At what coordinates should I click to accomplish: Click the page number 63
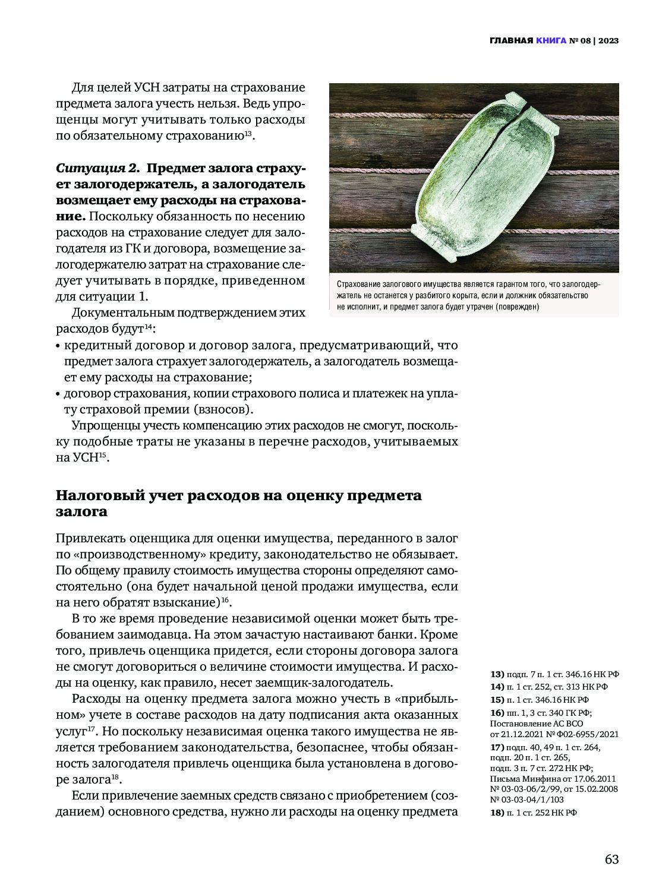point(611,860)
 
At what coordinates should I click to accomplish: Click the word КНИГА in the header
point(551,40)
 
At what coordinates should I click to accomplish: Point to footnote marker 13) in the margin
point(497,674)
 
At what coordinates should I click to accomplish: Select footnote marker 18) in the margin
point(497,813)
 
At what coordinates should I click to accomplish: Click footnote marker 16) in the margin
point(497,713)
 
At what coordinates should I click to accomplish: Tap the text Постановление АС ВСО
point(536,723)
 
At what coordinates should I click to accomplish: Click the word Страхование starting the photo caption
point(358,285)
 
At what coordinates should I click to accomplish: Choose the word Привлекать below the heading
point(90,538)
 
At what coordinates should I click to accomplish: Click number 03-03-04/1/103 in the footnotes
point(532,800)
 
